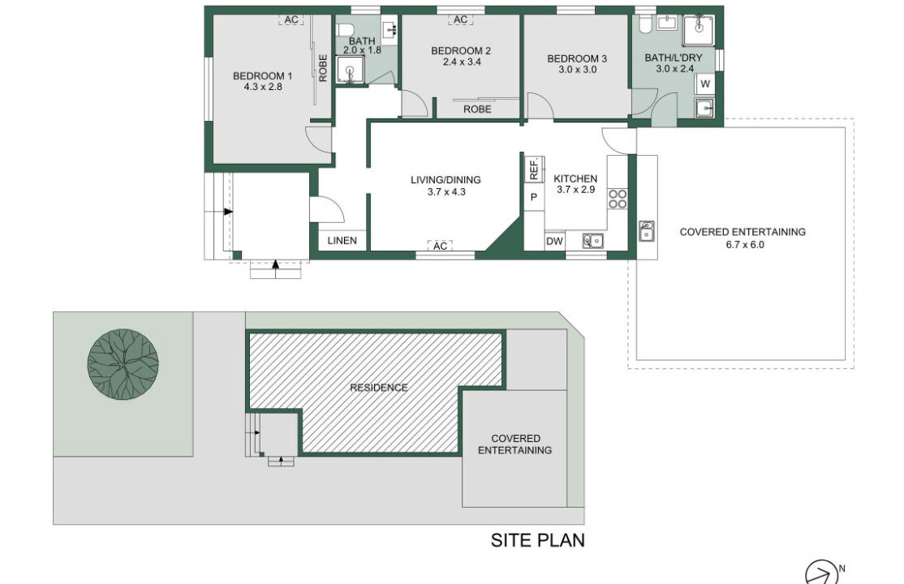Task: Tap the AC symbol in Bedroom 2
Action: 460,19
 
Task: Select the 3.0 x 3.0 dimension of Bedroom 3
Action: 577,70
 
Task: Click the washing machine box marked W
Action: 704,84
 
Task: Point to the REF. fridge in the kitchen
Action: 534,169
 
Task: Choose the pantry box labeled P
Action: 534,197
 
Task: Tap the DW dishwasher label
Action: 554,242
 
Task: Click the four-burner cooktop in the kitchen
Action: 618,199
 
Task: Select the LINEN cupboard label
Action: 342,240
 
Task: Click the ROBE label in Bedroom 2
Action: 477,109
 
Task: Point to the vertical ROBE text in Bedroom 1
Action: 323,68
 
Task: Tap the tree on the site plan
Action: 123,364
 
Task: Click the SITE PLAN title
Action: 538,540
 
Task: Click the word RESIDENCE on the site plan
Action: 379,388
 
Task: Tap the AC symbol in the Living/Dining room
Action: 440,246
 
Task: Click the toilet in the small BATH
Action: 346,30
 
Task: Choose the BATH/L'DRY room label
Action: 674,58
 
